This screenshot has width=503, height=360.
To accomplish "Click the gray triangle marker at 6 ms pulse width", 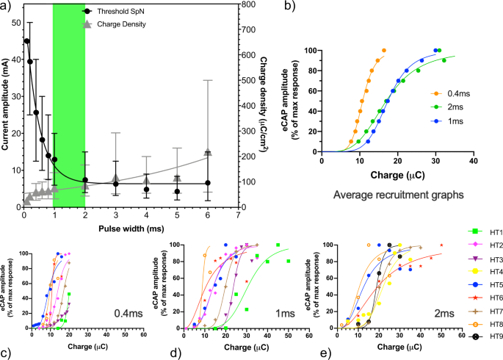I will (209, 151).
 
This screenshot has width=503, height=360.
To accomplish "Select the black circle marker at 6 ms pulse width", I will (209, 183).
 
